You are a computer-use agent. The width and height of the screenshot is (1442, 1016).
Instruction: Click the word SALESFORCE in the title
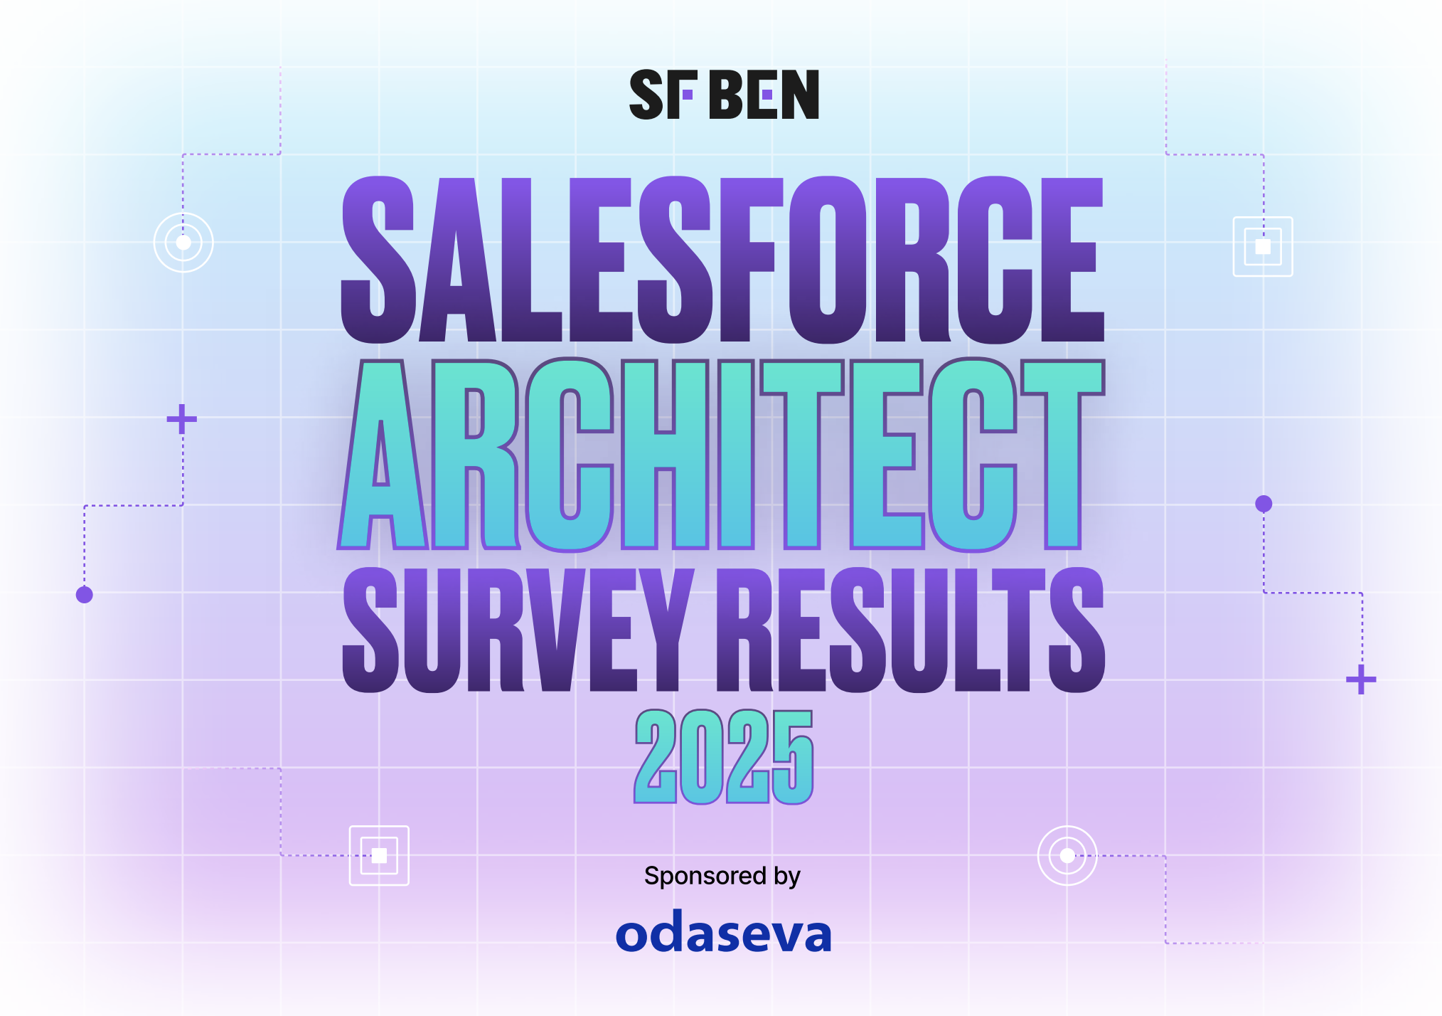click(722, 260)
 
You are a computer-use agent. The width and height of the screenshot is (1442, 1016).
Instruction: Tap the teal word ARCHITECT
click(721, 455)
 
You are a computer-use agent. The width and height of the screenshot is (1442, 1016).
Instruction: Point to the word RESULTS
click(911, 630)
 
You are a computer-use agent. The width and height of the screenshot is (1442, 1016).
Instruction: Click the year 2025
click(724, 757)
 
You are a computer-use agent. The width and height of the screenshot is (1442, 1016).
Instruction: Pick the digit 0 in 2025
click(701, 757)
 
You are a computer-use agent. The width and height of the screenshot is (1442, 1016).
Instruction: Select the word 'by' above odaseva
click(786, 877)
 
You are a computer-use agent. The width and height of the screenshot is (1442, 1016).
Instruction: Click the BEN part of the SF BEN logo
click(765, 95)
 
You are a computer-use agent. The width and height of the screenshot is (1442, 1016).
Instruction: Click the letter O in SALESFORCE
click(827, 260)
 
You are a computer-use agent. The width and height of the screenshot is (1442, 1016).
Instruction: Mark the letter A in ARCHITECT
click(382, 455)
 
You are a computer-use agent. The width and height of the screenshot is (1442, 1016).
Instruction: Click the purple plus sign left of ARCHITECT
click(182, 419)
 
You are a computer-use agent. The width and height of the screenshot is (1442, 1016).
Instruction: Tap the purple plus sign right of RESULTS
click(1361, 679)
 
